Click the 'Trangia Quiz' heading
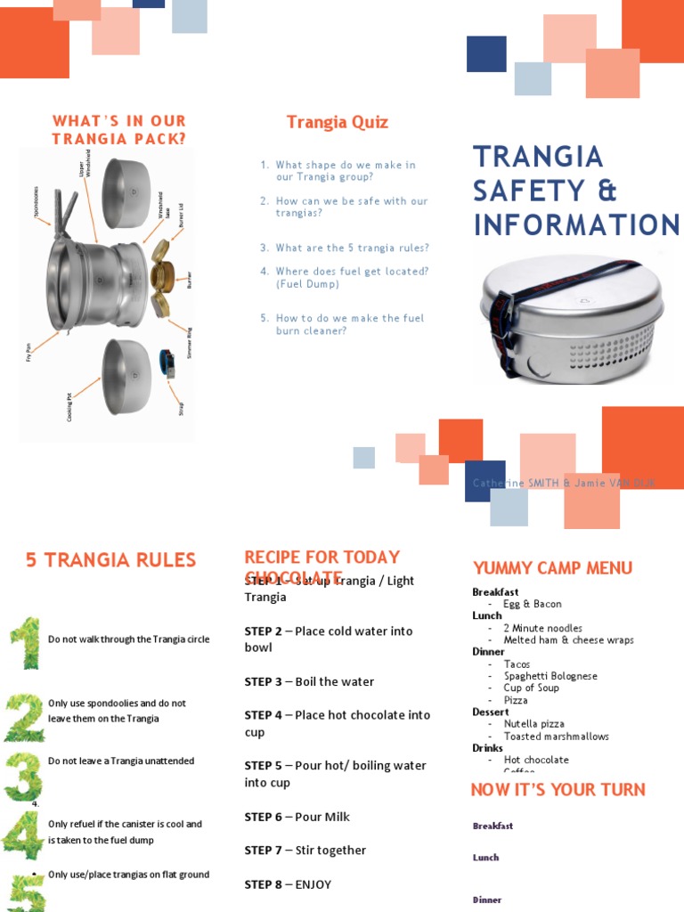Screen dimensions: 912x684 point(337,122)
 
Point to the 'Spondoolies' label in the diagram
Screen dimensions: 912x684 point(37,201)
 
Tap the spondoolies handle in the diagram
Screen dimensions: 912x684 point(64,214)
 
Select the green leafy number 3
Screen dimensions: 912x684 point(23,776)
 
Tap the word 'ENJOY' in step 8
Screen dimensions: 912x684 point(313,884)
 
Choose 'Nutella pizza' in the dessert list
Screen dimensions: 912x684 point(533,724)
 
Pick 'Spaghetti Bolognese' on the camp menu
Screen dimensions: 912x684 point(550,676)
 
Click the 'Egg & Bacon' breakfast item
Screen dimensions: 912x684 point(532,604)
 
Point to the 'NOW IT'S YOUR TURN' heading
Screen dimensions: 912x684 point(558,790)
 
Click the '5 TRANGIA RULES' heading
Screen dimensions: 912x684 point(110,560)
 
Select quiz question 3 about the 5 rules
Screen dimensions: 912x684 point(352,248)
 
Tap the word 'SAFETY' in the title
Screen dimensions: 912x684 point(533,191)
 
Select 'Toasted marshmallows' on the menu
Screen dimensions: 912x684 point(556,737)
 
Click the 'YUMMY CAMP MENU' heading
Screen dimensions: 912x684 point(552,568)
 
